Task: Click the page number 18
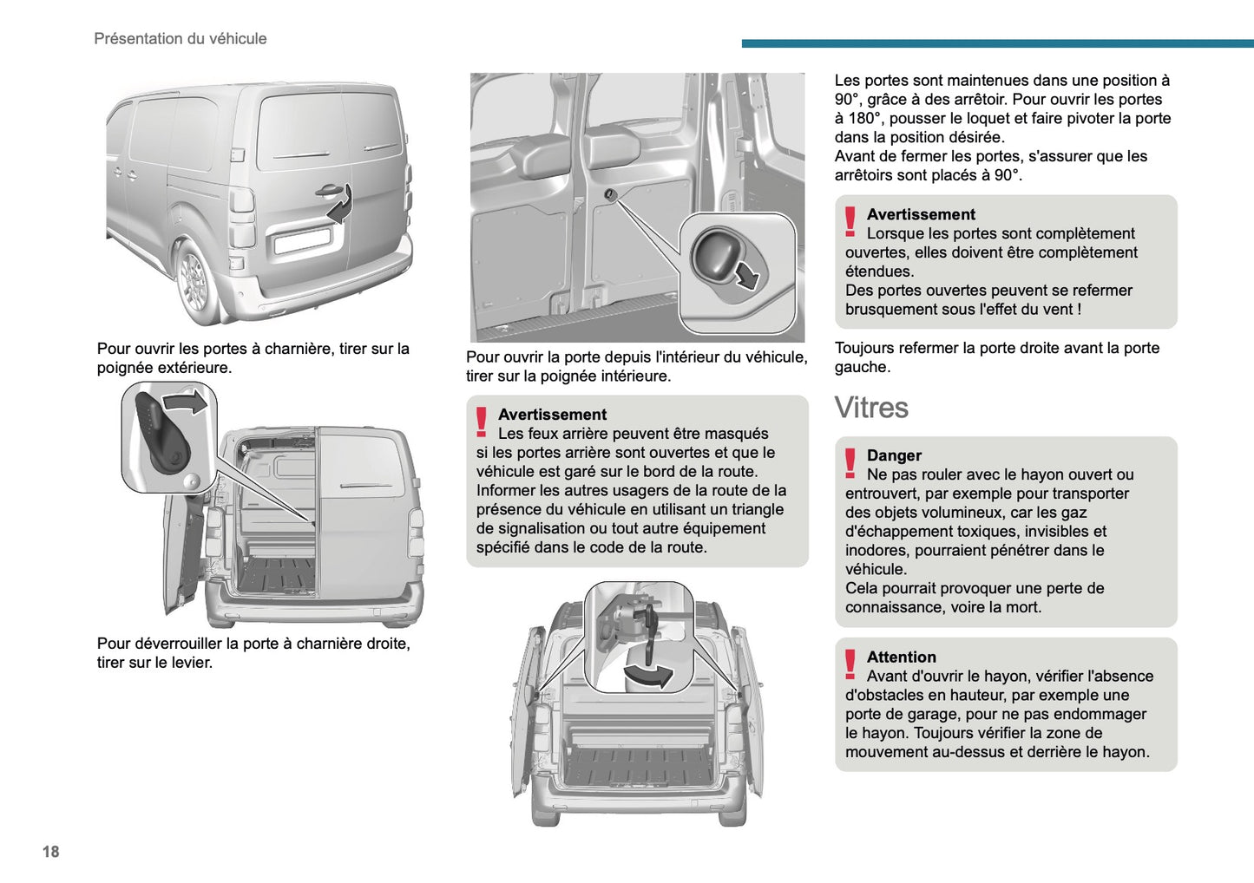tap(50, 851)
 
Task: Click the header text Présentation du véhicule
tap(180, 38)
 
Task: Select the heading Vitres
tap(871, 408)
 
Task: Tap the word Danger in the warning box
tap(894, 455)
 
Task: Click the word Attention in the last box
tap(901, 657)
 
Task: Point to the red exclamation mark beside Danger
tap(850, 463)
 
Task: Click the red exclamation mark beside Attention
tap(850, 664)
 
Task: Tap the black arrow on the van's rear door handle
tap(341, 205)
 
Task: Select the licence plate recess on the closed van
tap(301, 239)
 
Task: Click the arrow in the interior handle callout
tap(746, 277)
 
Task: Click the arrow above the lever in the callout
tap(187, 402)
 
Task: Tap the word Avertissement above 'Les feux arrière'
tap(552, 415)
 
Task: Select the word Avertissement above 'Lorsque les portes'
tap(921, 214)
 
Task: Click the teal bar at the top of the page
tap(997, 43)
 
